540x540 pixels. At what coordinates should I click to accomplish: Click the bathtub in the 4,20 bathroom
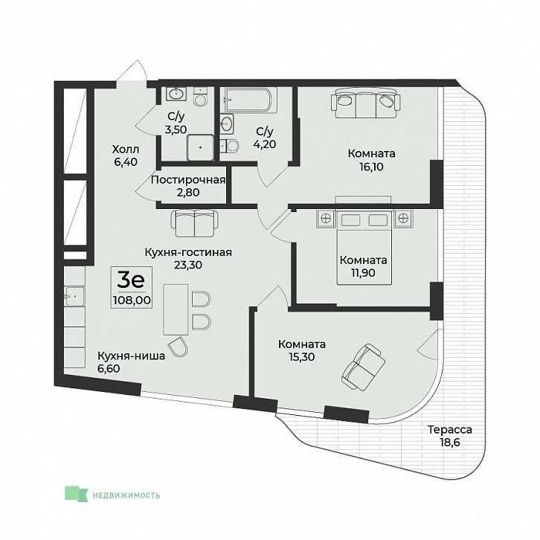click(251, 100)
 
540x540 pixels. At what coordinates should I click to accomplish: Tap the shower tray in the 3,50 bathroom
click(200, 147)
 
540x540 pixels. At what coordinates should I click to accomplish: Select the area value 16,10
click(371, 167)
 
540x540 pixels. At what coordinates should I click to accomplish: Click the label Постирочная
click(188, 180)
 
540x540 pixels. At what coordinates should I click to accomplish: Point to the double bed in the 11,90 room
click(364, 247)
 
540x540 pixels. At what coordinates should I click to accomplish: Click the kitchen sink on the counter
click(74, 296)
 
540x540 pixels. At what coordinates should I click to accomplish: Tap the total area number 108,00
click(132, 300)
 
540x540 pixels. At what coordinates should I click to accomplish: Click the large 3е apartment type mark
click(130, 280)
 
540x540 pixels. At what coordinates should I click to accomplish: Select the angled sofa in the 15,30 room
click(363, 367)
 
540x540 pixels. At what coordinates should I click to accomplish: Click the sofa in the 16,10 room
click(366, 102)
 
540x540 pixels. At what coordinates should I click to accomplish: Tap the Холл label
click(126, 150)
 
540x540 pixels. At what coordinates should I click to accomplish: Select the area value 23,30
click(188, 265)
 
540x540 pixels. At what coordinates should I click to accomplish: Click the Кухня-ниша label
click(131, 356)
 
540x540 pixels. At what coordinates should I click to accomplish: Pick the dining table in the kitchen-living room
click(176, 309)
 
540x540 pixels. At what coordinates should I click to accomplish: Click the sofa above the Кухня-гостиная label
click(195, 223)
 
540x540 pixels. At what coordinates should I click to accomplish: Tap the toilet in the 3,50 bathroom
click(200, 97)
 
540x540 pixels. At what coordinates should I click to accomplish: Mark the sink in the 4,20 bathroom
click(227, 123)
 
